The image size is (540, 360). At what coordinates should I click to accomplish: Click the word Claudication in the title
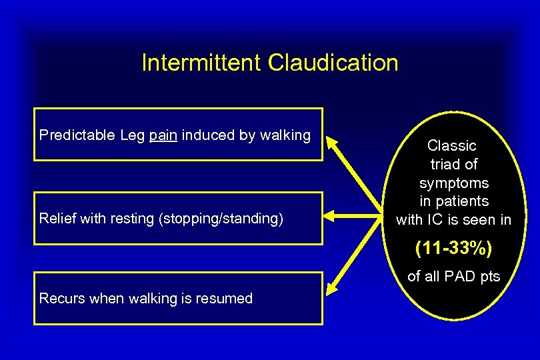coord(333,63)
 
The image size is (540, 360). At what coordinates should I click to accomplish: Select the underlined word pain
coord(163,136)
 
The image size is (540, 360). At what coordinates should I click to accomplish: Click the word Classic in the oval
coord(452,145)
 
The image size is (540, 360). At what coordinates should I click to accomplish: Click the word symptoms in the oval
coord(453,183)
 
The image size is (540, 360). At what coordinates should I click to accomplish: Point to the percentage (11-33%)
coord(453,249)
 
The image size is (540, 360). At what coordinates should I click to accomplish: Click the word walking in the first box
coord(287,135)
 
